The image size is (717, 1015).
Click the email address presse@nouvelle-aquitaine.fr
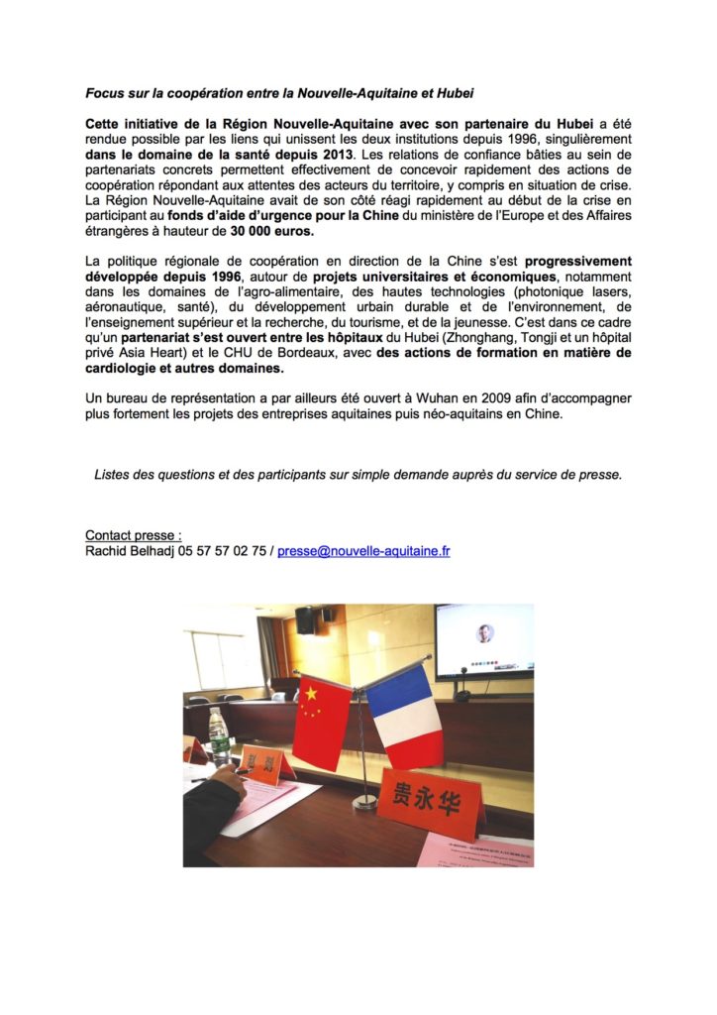click(363, 551)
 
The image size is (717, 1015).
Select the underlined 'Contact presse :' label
click(133, 535)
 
